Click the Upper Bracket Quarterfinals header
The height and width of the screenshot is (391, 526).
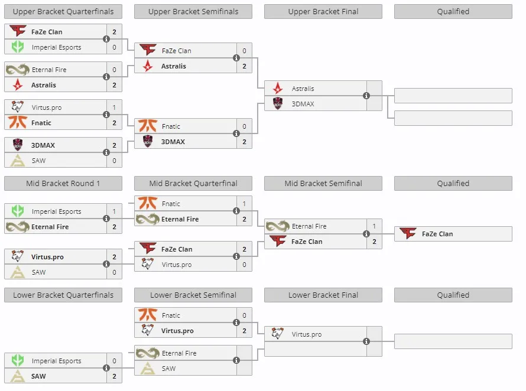click(x=63, y=11)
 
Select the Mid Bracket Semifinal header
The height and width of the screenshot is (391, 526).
click(x=323, y=184)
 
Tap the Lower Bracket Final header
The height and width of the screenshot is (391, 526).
click(x=323, y=295)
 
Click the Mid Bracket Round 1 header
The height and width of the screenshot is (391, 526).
click(x=63, y=184)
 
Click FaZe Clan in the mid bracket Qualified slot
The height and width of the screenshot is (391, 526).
click(x=437, y=234)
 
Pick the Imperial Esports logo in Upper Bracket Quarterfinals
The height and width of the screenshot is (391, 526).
click(x=18, y=47)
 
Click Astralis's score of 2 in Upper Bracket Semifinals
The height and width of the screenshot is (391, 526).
click(x=244, y=66)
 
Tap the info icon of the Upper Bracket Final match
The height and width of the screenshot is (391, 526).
click(x=366, y=96)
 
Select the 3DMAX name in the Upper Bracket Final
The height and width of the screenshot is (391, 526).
click(x=303, y=104)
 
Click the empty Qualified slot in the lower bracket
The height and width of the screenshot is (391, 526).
click(x=453, y=341)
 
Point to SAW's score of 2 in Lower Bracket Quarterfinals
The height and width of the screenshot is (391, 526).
click(x=115, y=376)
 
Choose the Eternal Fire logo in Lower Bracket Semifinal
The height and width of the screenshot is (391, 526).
click(x=148, y=353)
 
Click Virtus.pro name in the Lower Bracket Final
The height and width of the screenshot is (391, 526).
click(x=307, y=334)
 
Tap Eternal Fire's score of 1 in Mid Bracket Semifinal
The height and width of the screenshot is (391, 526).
click(x=374, y=226)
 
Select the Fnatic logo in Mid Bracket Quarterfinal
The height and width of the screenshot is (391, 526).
click(x=148, y=204)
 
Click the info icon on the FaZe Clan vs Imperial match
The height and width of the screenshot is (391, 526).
click(x=106, y=39)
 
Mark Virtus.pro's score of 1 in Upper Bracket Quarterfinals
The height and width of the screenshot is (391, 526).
click(x=115, y=107)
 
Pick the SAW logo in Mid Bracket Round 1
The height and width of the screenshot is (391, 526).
click(x=18, y=272)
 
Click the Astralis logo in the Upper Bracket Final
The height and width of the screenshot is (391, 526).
click(x=278, y=88)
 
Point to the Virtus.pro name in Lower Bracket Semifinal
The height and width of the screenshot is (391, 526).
click(x=177, y=331)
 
